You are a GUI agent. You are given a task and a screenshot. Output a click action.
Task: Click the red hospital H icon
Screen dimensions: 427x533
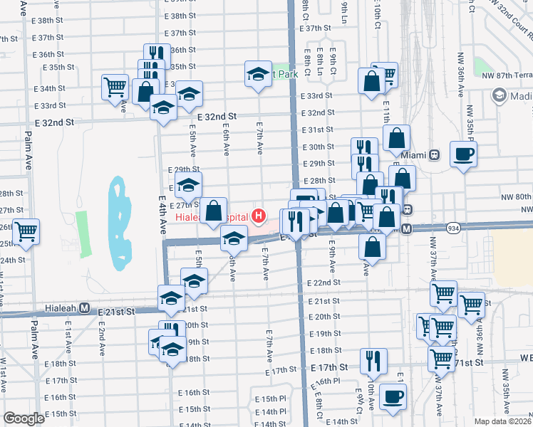(x=259, y=215)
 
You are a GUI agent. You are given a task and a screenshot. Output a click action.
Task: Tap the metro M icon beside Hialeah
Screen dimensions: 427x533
(x=84, y=308)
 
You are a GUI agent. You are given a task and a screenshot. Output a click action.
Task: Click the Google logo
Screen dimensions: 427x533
(x=24, y=418)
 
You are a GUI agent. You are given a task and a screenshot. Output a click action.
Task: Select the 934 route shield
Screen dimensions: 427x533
(x=453, y=228)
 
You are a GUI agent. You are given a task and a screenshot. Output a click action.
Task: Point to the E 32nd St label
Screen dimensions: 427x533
(x=217, y=115)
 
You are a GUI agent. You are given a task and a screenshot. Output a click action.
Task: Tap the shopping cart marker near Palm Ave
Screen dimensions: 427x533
(x=26, y=231)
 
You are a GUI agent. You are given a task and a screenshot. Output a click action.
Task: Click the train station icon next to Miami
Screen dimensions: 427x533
(x=434, y=155)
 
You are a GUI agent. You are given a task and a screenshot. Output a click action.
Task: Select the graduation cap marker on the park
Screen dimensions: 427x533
(x=259, y=74)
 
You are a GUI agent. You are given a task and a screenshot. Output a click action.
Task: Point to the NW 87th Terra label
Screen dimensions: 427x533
(x=507, y=75)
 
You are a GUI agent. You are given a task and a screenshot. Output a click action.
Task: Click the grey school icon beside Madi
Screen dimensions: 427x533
(x=499, y=95)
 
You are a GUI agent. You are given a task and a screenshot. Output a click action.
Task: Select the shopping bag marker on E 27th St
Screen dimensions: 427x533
(x=214, y=210)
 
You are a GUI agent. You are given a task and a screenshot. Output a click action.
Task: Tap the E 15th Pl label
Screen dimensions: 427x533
(x=270, y=399)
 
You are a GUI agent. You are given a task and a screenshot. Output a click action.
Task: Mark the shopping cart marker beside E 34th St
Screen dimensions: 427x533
(x=115, y=88)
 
